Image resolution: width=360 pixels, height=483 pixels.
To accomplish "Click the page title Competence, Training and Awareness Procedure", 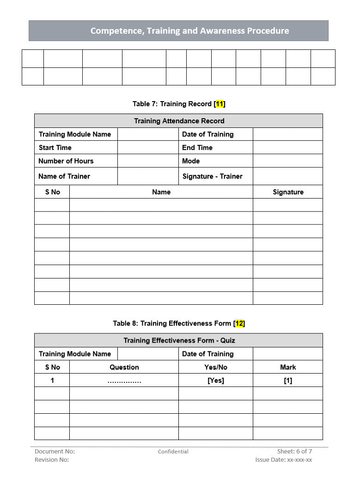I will click(x=189, y=31).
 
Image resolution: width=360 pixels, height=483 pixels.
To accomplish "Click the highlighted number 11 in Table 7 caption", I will click(x=220, y=104).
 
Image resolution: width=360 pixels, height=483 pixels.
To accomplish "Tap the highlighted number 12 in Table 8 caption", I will click(x=239, y=323).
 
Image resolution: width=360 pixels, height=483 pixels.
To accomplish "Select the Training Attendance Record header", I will click(x=179, y=121).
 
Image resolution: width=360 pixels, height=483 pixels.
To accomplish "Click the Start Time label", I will click(x=55, y=148).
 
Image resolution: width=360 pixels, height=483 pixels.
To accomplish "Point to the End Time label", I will click(x=197, y=148).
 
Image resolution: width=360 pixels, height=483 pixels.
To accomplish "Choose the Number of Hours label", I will click(x=66, y=161).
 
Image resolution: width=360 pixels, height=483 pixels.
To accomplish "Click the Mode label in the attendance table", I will click(x=191, y=161).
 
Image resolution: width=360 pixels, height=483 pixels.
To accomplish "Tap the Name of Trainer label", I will click(x=64, y=176).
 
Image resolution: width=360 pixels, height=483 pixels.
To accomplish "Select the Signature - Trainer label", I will click(x=212, y=176).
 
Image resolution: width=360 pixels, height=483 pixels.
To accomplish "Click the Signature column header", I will click(x=288, y=192).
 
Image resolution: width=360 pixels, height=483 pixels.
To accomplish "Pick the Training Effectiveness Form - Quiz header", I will click(x=179, y=340).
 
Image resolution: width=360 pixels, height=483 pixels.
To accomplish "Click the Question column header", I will click(x=124, y=367).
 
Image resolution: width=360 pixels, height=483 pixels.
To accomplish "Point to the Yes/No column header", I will click(x=216, y=367).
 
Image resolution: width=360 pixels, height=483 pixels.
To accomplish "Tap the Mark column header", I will click(x=288, y=367).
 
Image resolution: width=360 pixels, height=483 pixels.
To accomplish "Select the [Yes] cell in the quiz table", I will click(x=216, y=380).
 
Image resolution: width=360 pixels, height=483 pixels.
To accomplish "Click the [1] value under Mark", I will click(x=288, y=380).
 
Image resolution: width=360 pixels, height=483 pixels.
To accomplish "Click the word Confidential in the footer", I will click(x=173, y=452).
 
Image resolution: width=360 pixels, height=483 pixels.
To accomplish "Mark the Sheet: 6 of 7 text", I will click(x=294, y=451).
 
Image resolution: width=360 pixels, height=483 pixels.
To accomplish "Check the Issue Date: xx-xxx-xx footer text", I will click(x=283, y=459).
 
